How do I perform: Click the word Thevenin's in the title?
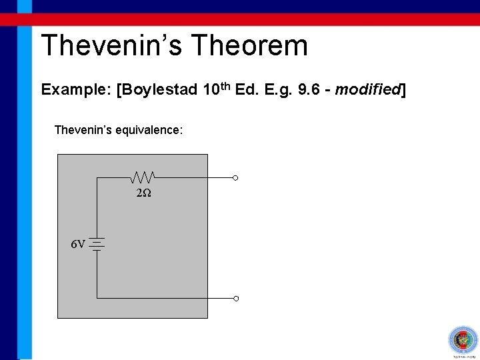111,46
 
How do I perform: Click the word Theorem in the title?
249,46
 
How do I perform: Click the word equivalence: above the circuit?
149,129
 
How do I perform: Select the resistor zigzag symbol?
143,177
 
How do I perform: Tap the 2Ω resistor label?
143,193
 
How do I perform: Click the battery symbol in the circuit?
97,245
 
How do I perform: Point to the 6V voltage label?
78,245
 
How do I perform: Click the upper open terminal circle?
235,178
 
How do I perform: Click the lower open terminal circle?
235,298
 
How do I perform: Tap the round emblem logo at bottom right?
461,341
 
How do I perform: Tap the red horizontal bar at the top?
253,19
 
